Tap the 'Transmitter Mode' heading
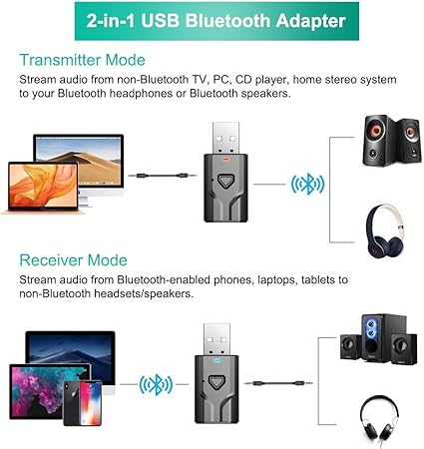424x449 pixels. point(82,60)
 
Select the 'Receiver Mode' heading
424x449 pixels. point(73,259)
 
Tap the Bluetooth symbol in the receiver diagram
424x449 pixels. point(156,384)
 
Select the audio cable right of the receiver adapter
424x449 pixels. point(284,383)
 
